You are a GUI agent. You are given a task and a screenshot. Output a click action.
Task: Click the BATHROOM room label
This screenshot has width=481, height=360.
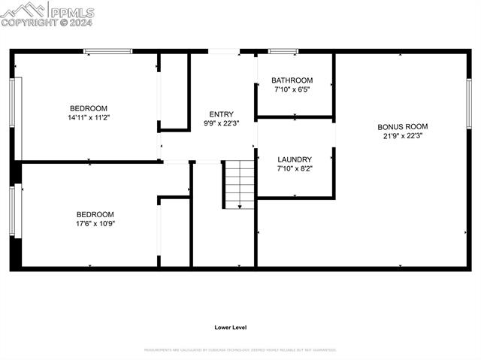coord(292,80)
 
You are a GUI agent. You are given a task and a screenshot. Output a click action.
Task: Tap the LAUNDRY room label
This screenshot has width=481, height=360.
coord(295,159)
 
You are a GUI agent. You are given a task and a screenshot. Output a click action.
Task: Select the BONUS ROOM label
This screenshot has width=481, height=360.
coord(403,127)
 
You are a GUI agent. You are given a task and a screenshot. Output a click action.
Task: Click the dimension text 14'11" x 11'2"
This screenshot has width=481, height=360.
coord(89,117)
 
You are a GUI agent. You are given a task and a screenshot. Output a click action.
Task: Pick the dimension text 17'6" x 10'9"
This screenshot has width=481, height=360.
coord(95,223)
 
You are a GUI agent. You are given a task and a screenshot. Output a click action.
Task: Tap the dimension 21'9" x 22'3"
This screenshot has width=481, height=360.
coord(403,136)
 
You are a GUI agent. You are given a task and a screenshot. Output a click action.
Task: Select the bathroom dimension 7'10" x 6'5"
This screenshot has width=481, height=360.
coord(292,89)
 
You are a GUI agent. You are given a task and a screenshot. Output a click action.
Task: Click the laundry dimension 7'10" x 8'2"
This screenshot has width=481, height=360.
coord(295,168)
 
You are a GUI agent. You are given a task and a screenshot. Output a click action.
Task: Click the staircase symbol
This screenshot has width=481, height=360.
coord(240,183)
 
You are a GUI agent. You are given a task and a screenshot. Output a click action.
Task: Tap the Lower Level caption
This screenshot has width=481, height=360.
coord(231,327)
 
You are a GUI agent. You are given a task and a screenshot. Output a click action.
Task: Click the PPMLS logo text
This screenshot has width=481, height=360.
coord(71,12)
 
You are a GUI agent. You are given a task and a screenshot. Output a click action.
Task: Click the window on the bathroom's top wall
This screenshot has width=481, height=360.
coord(283,51)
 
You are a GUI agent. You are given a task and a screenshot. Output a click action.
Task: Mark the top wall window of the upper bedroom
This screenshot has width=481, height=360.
coord(107,51)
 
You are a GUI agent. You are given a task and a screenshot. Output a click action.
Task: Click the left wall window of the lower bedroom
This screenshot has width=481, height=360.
coord(12,211)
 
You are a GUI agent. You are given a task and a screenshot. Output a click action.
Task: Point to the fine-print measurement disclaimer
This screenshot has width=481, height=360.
coord(240,349)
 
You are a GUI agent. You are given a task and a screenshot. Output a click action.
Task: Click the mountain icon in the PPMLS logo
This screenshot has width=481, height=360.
coord(24,10)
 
